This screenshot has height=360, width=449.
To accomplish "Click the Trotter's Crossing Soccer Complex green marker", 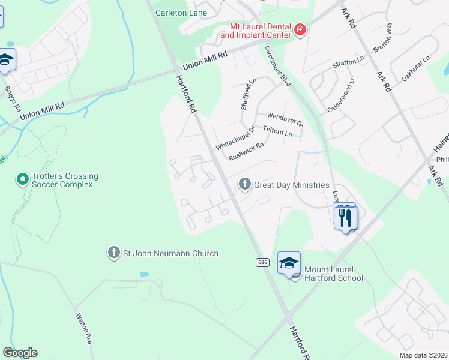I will click(x=22, y=179).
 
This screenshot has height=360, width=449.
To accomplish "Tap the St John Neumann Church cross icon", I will click(x=113, y=253).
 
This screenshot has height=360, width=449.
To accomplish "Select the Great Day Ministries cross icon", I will click(x=244, y=185).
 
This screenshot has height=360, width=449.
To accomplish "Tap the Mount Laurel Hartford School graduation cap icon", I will click(x=289, y=263).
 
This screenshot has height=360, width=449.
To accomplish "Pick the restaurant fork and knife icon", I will click(x=345, y=217).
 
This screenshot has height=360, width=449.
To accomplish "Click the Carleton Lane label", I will click(x=181, y=13).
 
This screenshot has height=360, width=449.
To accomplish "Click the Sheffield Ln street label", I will click(x=248, y=93).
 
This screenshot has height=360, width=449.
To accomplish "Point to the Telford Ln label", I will click(x=277, y=131).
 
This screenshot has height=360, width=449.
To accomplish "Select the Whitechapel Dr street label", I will click(x=235, y=138).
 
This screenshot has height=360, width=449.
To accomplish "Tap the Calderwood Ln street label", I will click(x=340, y=94).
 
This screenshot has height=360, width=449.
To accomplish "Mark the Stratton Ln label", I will click(x=348, y=63).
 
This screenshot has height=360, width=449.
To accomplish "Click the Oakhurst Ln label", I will click(x=416, y=68).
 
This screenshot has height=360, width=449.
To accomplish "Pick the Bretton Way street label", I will click(x=382, y=39).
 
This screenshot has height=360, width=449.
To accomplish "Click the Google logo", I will click(x=20, y=353).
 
